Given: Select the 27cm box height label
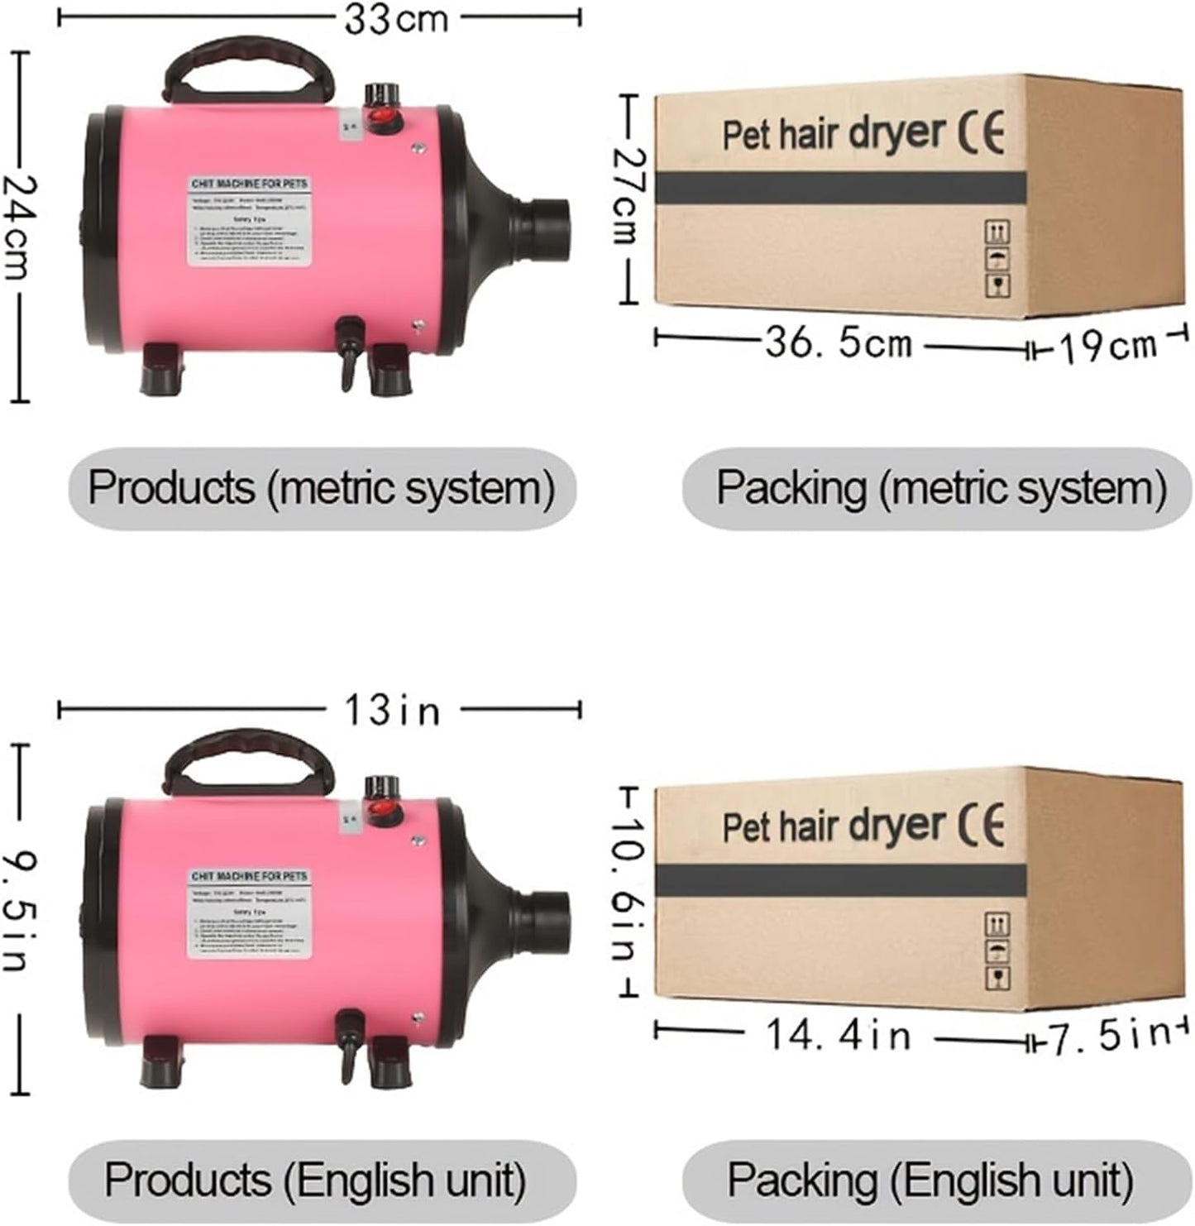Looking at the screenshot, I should [629, 196].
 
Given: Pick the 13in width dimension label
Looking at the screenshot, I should [392, 711].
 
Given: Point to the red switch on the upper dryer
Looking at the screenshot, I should [383, 119].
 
